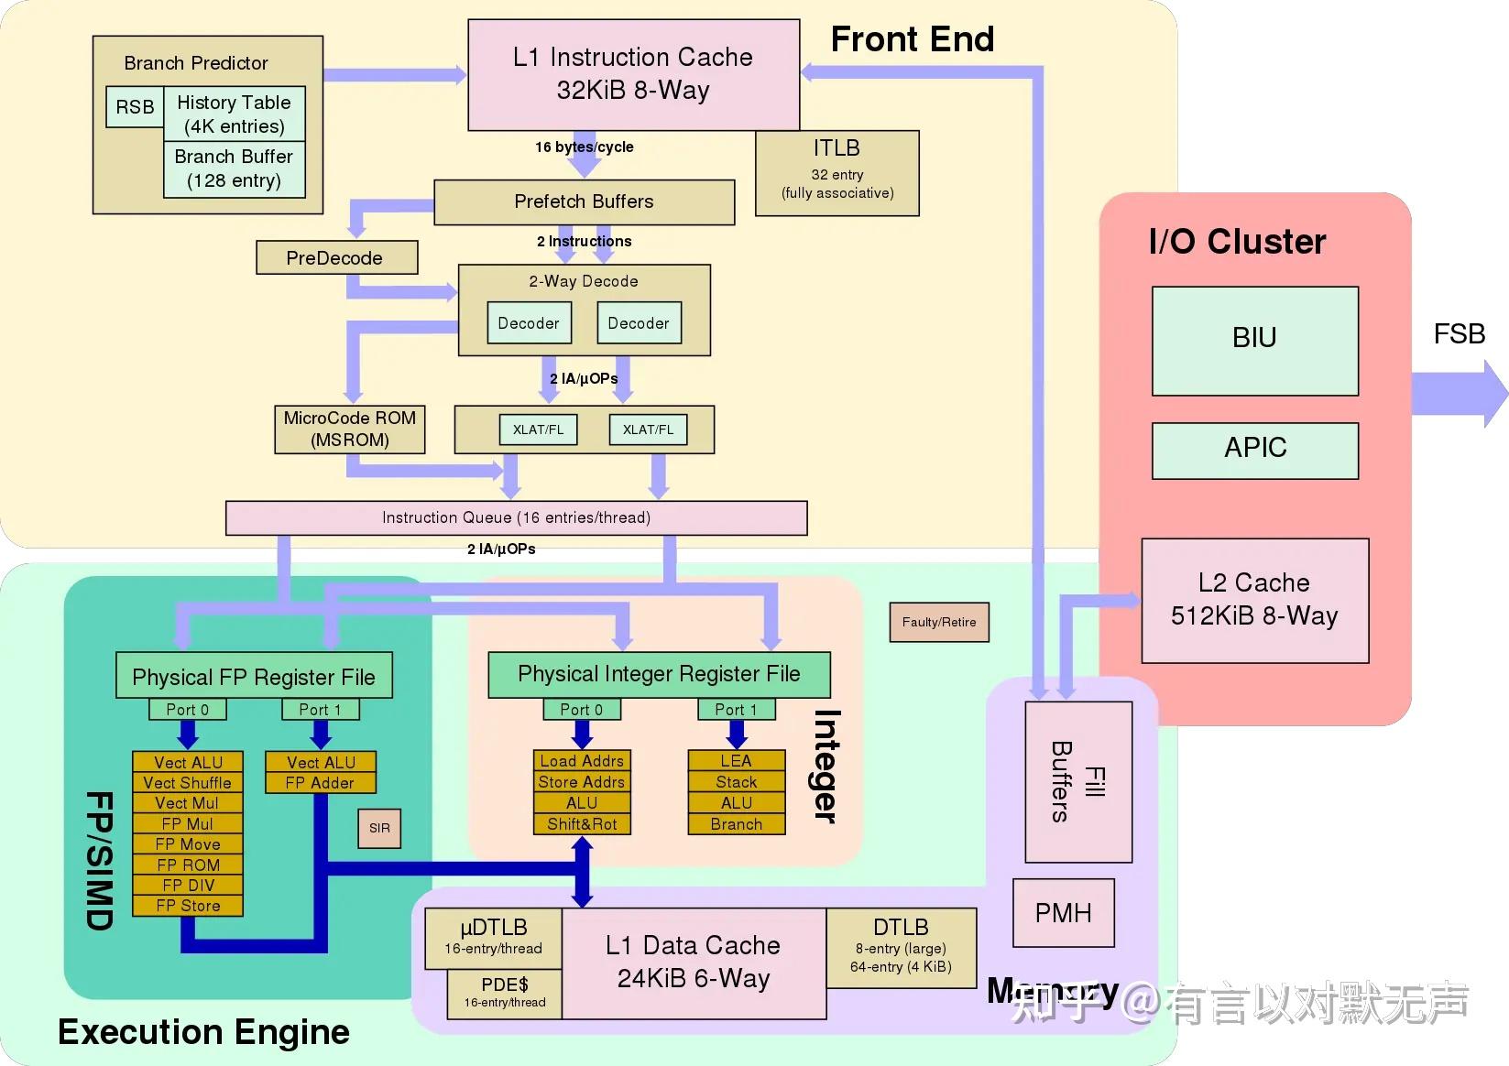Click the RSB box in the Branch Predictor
(x=135, y=107)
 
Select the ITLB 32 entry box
(x=837, y=172)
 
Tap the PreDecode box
(x=336, y=257)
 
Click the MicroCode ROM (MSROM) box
(x=349, y=430)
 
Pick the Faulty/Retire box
(x=938, y=622)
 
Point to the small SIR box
(x=379, y=828)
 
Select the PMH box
(x=1063, y=912)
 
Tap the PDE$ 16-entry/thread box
(x=505, y=993)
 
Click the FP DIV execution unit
(x=188, y=885)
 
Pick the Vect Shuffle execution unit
(x=188, y=783)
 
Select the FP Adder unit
(x=320, y=783)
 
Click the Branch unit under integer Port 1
(x=736, y=824)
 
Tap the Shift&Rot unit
(x=582, y=824)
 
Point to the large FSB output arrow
(x=1459, y=394)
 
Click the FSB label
(x=1459, y=334)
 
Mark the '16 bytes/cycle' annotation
(x=584, y=147)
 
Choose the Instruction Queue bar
(x=516, y=517)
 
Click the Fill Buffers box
(x=1078, y=781)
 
